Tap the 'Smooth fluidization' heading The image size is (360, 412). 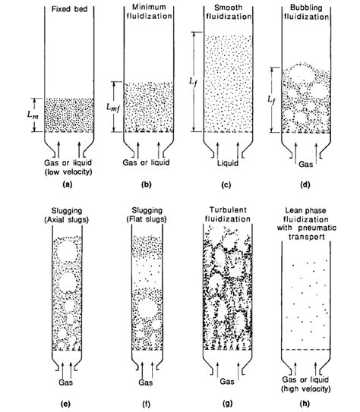[230, 14]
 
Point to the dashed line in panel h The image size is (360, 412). [311, 348]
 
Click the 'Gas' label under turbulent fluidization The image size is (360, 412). [230, 374]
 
